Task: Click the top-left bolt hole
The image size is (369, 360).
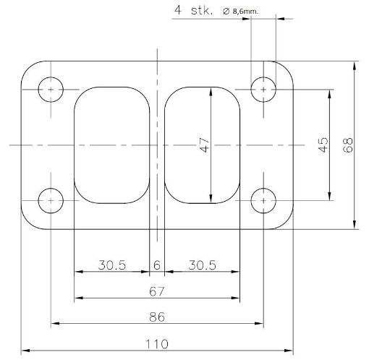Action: pyautogui.click(x=51, y=90)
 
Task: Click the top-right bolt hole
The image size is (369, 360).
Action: pyautogui.click(x=263, y=90)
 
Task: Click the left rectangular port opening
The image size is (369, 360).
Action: pyautogui.click(x=111, y=145)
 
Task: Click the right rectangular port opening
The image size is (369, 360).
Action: pyautogui.click(x=203, y=145)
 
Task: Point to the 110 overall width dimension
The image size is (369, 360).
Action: pyautogui.click(x=156, y=342)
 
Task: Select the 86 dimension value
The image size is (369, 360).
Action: pyautogui.click(x=156, y=317)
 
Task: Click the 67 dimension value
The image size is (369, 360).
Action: pyautogui.click(x=156, y=291)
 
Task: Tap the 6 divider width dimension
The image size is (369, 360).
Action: pyautogui.click(x=156, y=265)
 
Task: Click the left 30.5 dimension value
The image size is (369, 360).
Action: pyautogui.click(x=111, y=265)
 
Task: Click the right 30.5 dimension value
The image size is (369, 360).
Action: pyautogui.click(x=202, y=265)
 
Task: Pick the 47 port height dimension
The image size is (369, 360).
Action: pyautogui.click(x=205, y=145)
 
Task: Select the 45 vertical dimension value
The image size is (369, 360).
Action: pyautogui.click(x=323, y=145)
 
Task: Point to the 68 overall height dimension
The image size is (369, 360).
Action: pyautogui.click(x=348, y=145)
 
